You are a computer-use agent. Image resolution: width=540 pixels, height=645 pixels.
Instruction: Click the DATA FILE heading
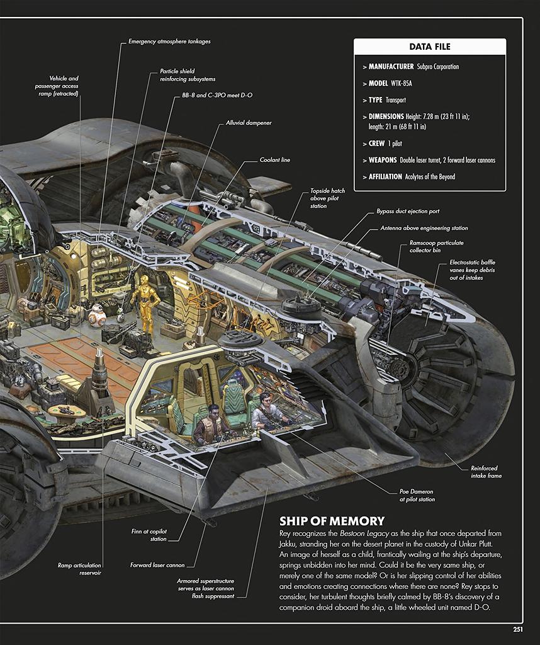[430, 47]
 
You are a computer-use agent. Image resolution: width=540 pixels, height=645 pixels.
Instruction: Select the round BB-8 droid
[97, 315]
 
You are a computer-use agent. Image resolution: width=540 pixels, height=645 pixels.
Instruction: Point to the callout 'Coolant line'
[275, 160]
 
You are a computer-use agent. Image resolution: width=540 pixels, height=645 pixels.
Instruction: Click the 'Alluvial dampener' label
[249, 123]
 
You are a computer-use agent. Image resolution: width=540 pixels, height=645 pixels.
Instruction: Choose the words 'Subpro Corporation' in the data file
[437, 67]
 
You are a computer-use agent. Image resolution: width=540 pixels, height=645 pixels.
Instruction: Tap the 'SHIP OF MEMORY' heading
[332, 521]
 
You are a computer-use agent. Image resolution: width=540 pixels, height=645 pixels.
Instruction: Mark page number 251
[518, 629]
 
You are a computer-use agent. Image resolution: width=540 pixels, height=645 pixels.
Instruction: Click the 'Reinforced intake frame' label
[486, 472]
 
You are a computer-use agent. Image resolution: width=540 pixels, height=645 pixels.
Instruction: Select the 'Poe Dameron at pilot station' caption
[417, 495]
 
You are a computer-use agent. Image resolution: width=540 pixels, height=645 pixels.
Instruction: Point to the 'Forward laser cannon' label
[157, 565]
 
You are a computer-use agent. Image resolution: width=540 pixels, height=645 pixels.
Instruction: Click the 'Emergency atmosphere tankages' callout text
[169, 42]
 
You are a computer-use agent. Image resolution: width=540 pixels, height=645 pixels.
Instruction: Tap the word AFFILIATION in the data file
[385, 177]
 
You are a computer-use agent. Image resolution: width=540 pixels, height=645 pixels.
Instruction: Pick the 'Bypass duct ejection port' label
[408, 212]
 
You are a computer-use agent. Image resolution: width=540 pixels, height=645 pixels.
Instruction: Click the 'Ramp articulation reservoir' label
[79, 569]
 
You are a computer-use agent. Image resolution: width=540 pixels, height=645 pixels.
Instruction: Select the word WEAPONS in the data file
[383, 161]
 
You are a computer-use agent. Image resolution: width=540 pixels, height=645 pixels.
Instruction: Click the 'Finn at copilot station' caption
[149, 535]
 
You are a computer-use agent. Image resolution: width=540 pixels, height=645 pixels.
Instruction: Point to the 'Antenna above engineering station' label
[424, 228]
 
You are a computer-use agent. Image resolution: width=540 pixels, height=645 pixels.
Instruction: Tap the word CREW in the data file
[376, 144]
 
